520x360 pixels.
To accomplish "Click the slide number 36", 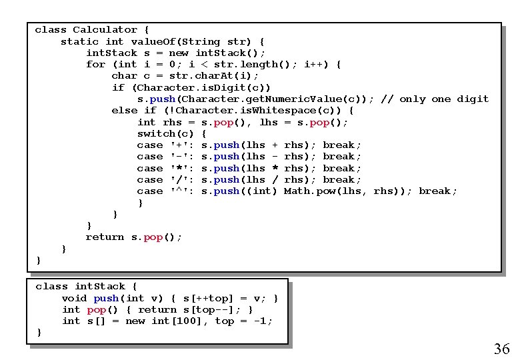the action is tap(501, 348).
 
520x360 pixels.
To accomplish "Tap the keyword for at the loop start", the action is tap(95, 64).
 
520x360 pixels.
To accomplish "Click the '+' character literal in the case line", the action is tap(182, 145).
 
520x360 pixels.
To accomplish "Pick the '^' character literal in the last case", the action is tap(182, 191).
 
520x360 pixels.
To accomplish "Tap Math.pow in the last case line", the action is tap(307, 191).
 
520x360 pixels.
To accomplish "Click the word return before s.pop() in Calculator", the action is tap(105, 237).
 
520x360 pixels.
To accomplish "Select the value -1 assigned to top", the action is tap(262, 321).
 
